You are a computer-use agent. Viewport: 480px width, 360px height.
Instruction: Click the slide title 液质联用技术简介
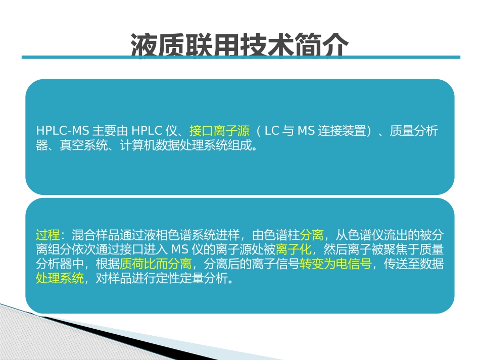coord(239,45)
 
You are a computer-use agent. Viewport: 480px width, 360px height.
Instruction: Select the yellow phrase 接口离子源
coord(219,131)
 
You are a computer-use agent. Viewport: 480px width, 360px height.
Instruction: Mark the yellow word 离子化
coord(294,249)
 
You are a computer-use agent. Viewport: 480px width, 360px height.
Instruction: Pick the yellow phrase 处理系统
coord(60,279)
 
